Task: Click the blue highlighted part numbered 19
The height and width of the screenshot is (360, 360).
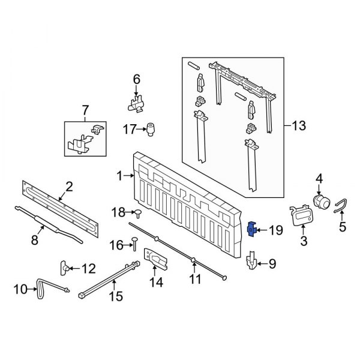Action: pos(252,229)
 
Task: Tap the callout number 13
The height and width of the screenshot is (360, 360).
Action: pos(298,126)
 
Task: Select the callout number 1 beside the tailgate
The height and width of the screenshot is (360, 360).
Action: pos(120,176)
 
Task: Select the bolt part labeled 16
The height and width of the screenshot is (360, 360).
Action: pos(133,243)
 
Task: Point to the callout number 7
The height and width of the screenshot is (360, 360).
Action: pos(85,110)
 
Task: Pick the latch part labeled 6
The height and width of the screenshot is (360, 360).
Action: pos(137,100)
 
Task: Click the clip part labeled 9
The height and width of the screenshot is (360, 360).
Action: pos(251,262)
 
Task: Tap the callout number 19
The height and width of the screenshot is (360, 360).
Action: pos(275,229)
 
